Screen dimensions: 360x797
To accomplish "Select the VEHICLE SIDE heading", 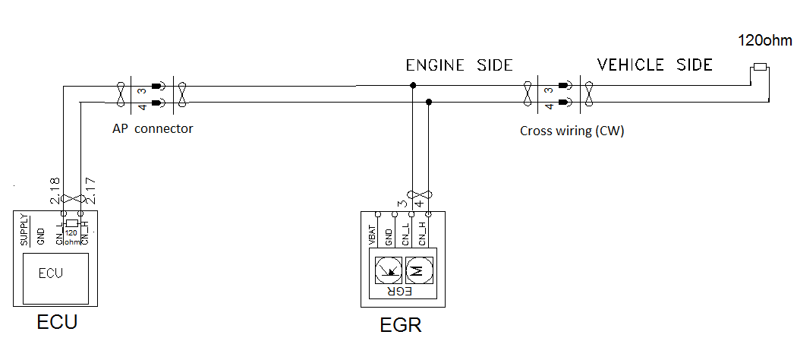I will pyautogui.click(x=655, y=65).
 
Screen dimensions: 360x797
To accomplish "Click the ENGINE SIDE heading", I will pyautogui.click(x=460, y=65).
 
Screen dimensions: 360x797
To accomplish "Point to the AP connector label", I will pyautogui.click(x=153, y=128).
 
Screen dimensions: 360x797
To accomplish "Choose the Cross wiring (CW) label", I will pyautogui.click(x=572, y=130).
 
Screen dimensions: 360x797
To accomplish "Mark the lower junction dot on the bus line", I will pyautogui.click(x=429, y=102).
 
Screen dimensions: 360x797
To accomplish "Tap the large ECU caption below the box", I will pyautogui.click(x=58, y=323).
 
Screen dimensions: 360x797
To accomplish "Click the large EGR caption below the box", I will pyautogui.click(x=400, y=327).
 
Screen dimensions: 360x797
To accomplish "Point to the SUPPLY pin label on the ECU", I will pyautogui.click(x=23, y=230).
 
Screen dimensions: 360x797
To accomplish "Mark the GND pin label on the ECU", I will pyautogui.click(x=41, y=235).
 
